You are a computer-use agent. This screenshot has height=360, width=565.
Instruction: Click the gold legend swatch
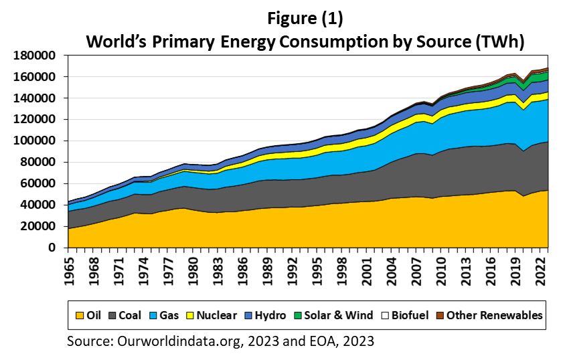point(80,315)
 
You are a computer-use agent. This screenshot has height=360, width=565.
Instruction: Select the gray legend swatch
point(112,315)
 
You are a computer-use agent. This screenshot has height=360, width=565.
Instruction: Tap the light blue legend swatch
point(153,315)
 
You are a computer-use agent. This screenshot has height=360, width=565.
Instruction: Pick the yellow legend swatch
point(190,315)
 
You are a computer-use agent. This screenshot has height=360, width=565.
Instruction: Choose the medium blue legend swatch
point(248,315)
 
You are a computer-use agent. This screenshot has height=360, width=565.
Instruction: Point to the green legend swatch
point(298,315)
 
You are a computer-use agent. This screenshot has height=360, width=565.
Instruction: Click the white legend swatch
point(385,315)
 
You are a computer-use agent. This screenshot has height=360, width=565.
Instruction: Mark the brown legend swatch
point(440,315)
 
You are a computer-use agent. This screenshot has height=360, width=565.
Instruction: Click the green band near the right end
point(539,78)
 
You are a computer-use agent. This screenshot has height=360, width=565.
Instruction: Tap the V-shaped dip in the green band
point(524,86)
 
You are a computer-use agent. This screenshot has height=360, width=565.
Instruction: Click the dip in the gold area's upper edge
point(524,197)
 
